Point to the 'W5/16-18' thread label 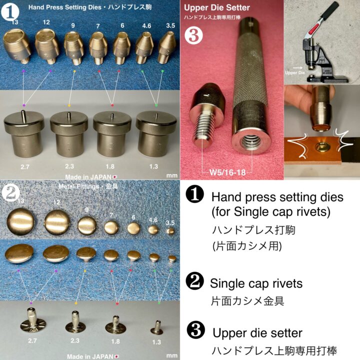click(x=227, y=173)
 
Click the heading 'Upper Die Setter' click(x=216, y=7)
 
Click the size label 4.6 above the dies click(x=146, y=23)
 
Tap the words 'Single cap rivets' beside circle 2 click(x=256, y=283)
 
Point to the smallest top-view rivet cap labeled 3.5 click(x=171, y=230)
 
